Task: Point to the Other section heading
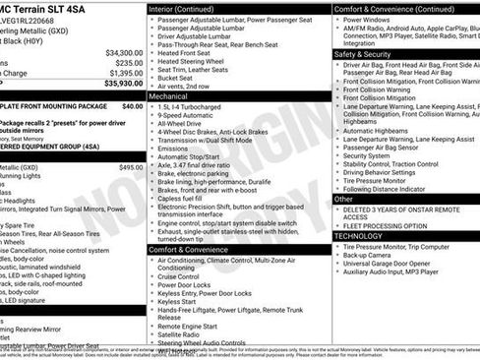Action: [344, 199]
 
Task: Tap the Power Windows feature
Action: [369, 19]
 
